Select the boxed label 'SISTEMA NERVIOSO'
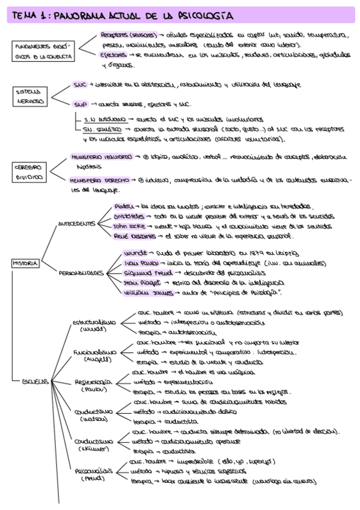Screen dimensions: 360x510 29,96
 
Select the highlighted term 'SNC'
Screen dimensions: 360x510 80,85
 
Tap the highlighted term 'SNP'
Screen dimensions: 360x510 81,103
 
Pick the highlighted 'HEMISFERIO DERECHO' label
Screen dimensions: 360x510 99,180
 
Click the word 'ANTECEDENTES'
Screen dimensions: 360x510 76,224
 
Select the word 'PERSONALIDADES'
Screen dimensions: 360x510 82,272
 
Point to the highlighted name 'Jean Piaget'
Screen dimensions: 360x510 139,282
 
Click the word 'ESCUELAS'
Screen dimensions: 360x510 34,382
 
